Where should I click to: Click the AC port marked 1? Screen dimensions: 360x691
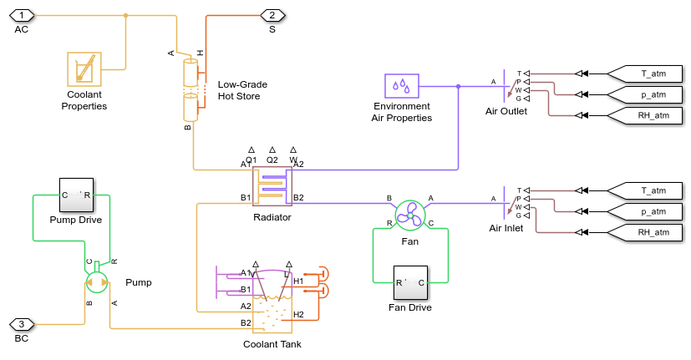23,15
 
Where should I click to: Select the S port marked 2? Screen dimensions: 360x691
272,15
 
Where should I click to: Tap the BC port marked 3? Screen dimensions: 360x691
22,324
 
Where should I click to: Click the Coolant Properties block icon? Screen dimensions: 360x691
84,69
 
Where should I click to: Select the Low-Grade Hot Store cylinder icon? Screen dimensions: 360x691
191,87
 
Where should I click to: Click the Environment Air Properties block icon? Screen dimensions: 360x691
402,86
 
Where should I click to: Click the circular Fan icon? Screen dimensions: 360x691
410,214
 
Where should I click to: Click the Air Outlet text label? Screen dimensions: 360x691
506,111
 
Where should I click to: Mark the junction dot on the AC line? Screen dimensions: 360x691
125,15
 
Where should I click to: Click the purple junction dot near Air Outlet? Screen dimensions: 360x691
458,86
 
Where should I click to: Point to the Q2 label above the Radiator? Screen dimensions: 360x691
272,160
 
